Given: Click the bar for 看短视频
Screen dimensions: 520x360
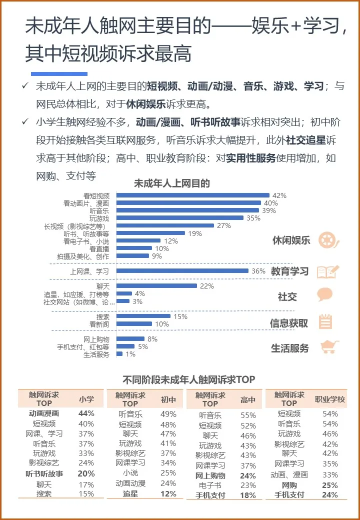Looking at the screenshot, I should coord(192,195).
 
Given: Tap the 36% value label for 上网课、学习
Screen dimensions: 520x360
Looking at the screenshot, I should coord(258,271).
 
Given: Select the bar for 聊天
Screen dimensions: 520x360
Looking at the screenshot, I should coord(156,286).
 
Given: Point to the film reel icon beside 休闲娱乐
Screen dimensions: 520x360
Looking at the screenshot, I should coord(328,240).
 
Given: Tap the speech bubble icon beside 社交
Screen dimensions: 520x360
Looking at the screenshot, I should coord(325,295).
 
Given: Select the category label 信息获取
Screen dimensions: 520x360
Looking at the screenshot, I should coord(289,323).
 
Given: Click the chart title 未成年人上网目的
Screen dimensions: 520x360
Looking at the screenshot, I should coord(171,183).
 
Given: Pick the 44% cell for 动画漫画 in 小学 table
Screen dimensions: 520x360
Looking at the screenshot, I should coord(86,413).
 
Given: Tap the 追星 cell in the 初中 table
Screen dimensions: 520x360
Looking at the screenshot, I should coord(130,493).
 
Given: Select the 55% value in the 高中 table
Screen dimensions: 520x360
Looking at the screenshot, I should coord(248,415).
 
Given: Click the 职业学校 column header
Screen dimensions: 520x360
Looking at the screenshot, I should coord(329,399).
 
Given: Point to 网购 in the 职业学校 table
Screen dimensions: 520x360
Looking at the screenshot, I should coord(289,484).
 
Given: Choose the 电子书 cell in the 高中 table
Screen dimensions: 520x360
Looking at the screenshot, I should coord(210,484).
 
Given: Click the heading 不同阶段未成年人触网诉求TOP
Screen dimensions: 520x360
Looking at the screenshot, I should coord(188,379).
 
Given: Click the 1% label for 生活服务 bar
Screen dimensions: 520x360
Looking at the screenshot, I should coord(130,354).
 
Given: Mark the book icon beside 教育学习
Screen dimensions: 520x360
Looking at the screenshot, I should coord(327,271).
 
